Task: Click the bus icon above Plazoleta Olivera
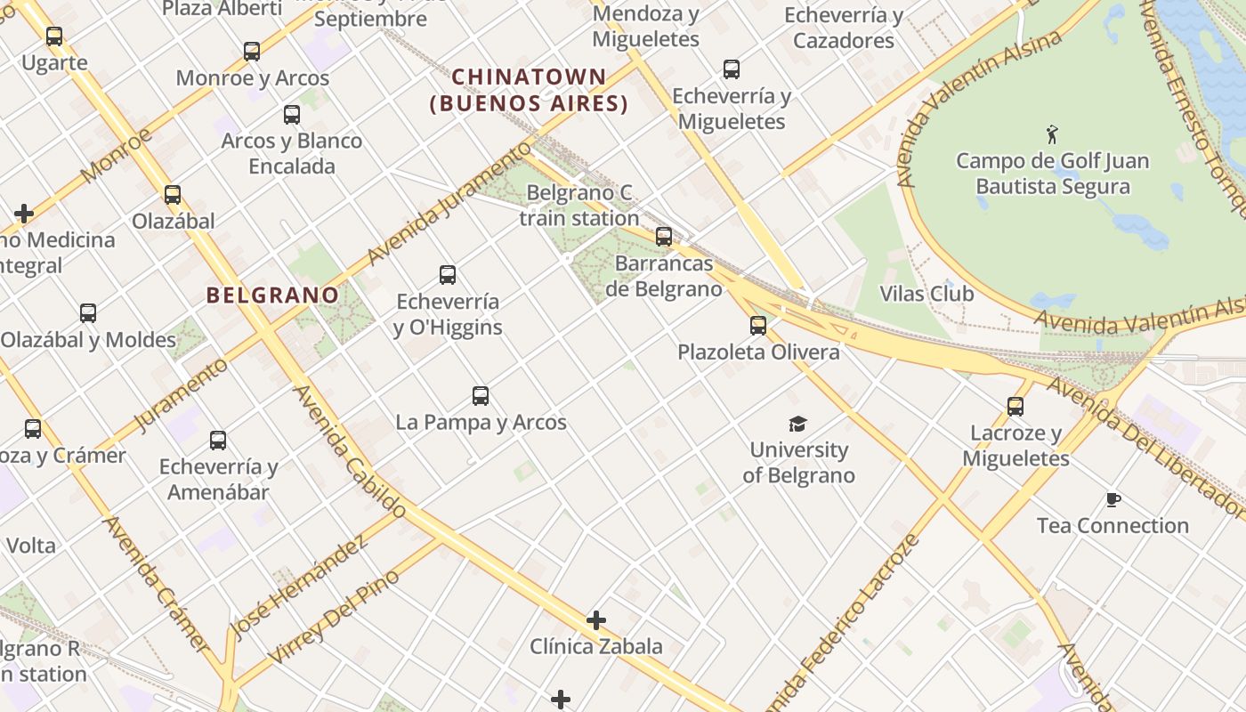(758, 326)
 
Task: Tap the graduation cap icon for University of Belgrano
(797, 424)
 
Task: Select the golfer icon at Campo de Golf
(1053, 135)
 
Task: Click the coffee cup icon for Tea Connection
(1112, 499)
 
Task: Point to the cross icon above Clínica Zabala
(596, 619)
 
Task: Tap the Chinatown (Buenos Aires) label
(530, 90)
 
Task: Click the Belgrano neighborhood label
(272, 295)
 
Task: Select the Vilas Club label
(926, 294)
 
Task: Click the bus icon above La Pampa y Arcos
(481, 396)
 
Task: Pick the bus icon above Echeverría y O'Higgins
(448, 275)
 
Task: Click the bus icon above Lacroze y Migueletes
(1015, 407)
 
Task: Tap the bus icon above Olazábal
(173, 195)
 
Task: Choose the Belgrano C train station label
(579, 206)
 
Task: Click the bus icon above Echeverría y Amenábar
(218, 441)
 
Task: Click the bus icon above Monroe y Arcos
(252, 52)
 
